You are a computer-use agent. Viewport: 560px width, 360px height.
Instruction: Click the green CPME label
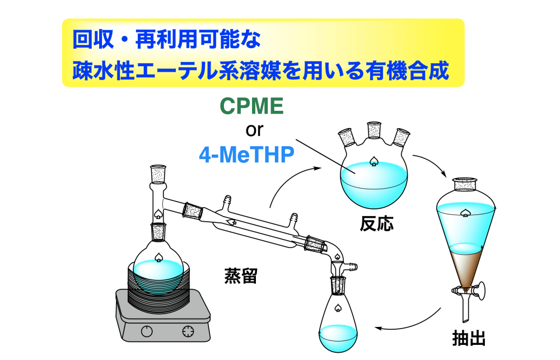point(251,106)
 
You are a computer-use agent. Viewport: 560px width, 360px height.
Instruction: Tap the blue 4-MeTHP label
point(246,155)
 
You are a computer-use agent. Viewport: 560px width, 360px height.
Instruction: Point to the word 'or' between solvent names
point(254,130)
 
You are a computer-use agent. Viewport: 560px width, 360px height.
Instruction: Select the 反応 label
point(376,223)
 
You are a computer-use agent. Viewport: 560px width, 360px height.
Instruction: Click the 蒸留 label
point(241,275)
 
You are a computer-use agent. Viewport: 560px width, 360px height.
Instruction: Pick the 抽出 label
point(469,338)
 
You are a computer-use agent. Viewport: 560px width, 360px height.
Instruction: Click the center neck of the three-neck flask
point(374,130)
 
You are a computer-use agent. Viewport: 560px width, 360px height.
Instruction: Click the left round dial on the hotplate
point(147,331)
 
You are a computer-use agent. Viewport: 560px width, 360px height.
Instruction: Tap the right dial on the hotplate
point(188,331)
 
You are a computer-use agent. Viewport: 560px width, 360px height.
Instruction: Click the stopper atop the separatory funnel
point(465,185)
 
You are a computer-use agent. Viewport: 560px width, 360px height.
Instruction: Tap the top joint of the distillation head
point(158,174)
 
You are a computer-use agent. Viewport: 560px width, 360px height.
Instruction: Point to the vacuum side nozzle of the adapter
point(352,266)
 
